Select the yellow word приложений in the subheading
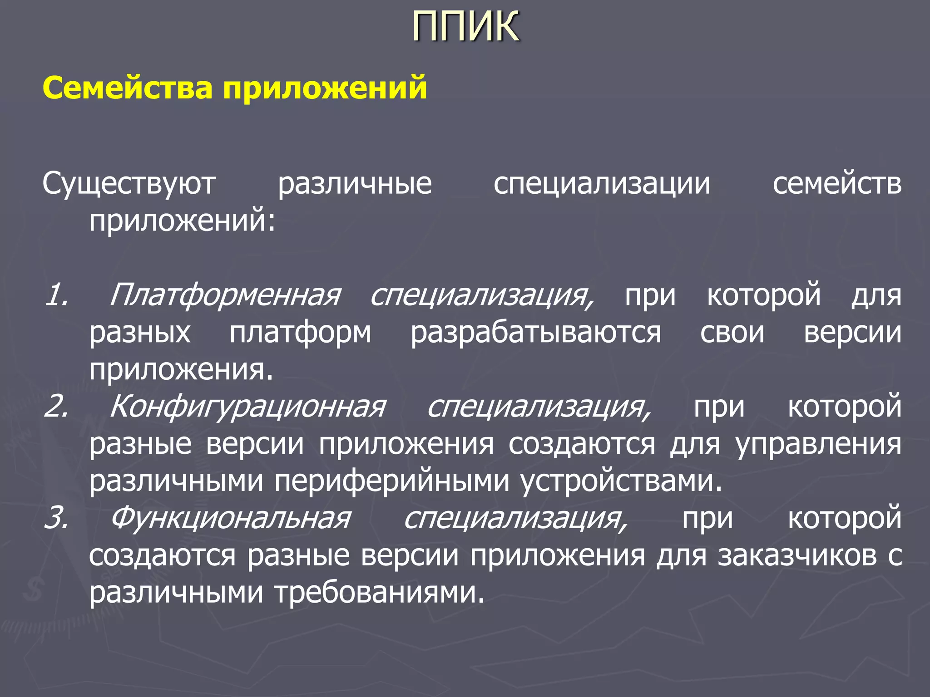click(325, 88)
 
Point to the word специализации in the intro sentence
click(602, 184)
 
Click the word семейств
click(837, 184)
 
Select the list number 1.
click(57, 295)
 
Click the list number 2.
click(57, 406)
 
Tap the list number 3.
click(57, 517)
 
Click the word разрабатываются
click(536, 333)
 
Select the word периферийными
click(391, 481)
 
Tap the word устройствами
click(621, 481)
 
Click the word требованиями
click(380, 593)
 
